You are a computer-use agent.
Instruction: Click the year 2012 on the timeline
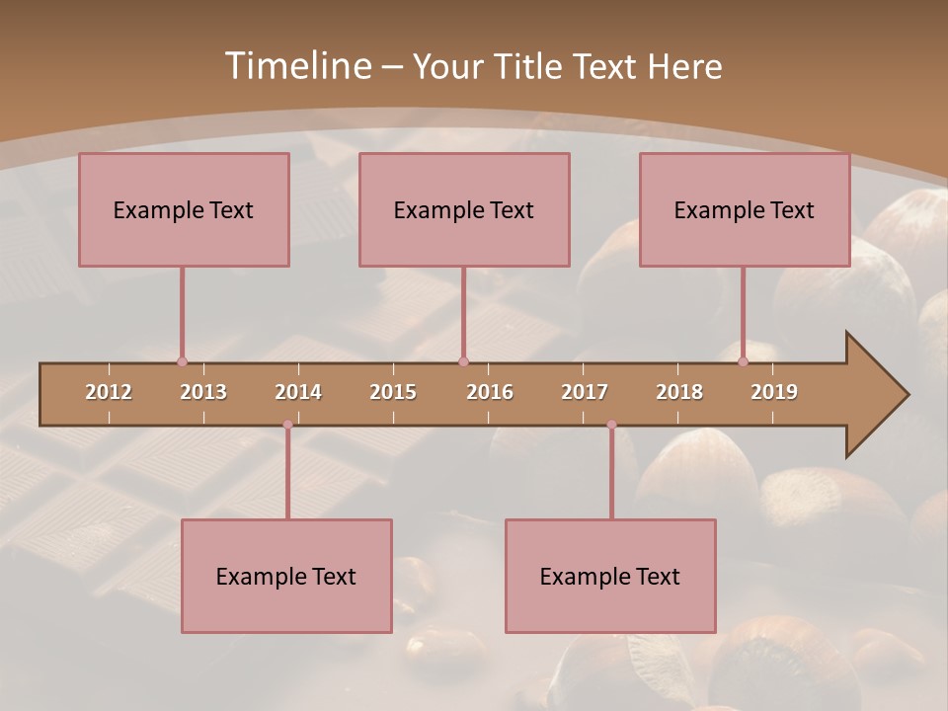(x=109, y=392)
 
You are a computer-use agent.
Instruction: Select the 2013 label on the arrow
(x=203, y=392)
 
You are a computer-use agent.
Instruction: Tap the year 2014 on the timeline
(x=298, y=392)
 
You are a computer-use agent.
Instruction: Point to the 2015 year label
(x=393, y=392)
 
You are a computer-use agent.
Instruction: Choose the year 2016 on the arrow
(x=490, y=392)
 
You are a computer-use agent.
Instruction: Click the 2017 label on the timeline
(x=585, y=392)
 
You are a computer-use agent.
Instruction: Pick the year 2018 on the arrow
(x=679, y=392)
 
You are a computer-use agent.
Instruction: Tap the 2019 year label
(x=774, y=392)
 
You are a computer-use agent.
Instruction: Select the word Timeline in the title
(x=295, y=66)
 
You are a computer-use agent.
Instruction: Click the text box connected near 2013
(x=184, y=209)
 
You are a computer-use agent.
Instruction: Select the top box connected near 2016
(x=464, y=209)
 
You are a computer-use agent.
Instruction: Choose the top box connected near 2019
(x=745, y=209)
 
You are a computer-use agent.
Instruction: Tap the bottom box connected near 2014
(x=286, y=576)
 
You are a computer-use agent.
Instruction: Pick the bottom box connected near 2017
(x=610, y=576)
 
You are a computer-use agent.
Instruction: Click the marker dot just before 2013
(x=182, y=361)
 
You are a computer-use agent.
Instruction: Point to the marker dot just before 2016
(x=463, y=361)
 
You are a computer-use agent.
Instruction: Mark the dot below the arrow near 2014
(x=287, y=425)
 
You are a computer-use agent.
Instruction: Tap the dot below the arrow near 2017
(x=611, y=425)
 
